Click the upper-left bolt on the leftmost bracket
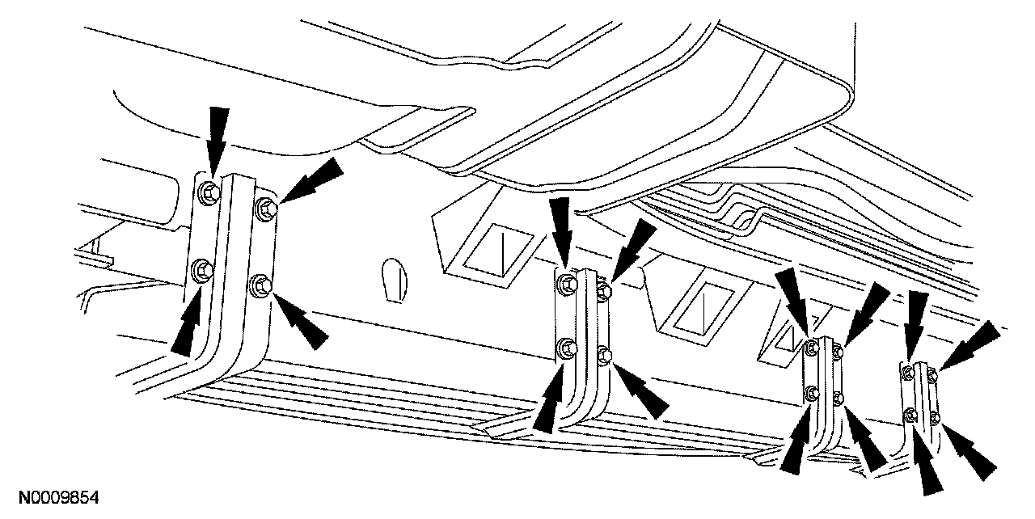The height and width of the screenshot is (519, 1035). click(x=206, y=192)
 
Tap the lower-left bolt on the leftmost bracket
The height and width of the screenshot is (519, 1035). click(x=201, y=268)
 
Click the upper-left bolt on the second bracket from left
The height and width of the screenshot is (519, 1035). click(x=567, y=282)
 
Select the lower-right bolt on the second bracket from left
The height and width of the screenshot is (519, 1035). click(x=603, y=354)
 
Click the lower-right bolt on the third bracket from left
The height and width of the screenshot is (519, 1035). click(x=839, y=397)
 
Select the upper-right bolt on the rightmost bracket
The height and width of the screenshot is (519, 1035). click(x=932, y=373)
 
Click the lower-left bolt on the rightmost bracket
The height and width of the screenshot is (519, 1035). click(x=911, y=416)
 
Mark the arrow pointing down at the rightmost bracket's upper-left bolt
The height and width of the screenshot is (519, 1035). click(x=916, y=328)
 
